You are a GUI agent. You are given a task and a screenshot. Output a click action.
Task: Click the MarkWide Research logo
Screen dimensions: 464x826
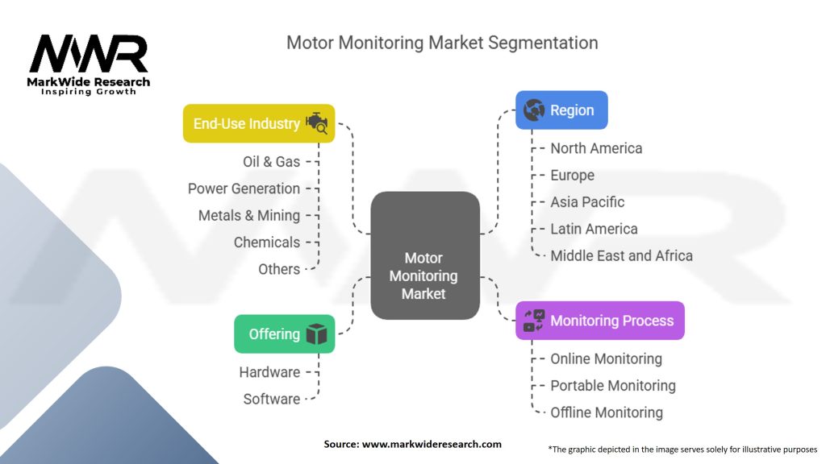[x=89, y=63]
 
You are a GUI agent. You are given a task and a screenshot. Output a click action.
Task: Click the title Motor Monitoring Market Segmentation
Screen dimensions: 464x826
[x=442, y=42]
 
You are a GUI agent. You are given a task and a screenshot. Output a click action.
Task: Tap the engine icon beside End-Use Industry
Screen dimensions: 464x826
[x=316, y=124]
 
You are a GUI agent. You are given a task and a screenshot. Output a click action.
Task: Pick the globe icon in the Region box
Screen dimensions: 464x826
[x=534, y=110]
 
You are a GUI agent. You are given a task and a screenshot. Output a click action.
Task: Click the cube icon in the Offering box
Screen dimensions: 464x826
[x=316, y=334]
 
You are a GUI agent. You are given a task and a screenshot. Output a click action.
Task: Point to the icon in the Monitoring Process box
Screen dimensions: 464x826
[x=534, y=321]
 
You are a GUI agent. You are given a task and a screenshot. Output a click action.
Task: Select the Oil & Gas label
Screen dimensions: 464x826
[x=271, y=162]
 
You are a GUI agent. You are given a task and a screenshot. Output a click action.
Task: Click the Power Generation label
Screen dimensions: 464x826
[x=244, y=188]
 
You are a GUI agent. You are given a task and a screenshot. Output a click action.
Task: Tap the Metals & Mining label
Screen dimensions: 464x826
[x=249, y=215]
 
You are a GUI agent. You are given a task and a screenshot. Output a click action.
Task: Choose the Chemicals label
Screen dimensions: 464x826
[x=266, y=242]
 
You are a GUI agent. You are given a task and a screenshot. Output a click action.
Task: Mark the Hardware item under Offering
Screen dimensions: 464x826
[x=269, y=372]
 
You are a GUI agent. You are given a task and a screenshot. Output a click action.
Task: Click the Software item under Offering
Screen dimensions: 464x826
[x=272, y=399]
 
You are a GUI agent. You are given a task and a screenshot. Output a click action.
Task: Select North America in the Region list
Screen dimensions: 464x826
[x=596, y=148]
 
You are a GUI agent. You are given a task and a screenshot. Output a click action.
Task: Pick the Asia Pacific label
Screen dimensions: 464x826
[x=587, y=202]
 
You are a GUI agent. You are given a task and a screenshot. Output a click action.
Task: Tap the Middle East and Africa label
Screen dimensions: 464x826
[x=621, y=255]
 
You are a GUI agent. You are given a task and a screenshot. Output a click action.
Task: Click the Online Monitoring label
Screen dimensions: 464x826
[x=606, y=358]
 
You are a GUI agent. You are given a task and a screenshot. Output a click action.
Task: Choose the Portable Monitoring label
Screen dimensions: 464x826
[x=613, y=386]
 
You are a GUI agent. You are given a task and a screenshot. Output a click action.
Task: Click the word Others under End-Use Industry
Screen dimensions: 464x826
[x=279, y=269]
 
